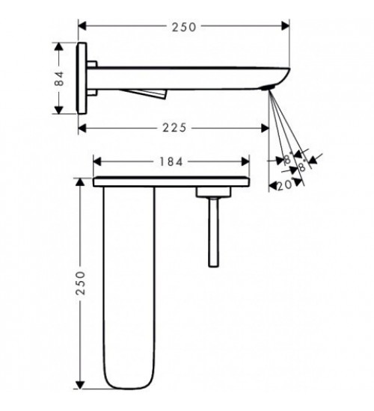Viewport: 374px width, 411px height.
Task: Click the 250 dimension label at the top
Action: (184, 27)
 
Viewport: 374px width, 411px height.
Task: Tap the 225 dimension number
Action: (174, 128)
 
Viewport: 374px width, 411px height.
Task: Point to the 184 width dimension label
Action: (171, 162)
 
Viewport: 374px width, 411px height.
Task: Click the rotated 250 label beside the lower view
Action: (81, 283)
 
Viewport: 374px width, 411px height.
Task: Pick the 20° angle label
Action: (285, 185)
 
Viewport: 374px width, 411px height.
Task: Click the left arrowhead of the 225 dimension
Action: (82, 129)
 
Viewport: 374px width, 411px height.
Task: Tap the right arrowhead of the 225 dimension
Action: (265, 129)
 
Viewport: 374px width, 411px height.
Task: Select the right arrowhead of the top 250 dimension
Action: (285, 26)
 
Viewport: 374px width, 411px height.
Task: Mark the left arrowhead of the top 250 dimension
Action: (82, 26)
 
